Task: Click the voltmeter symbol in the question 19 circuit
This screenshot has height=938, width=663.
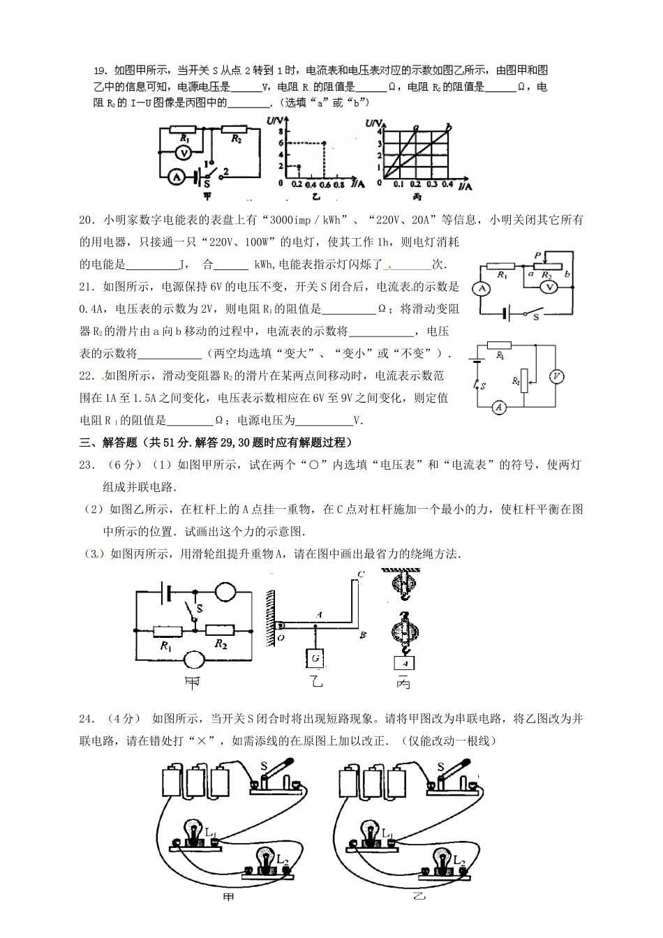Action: (x=183, y=152)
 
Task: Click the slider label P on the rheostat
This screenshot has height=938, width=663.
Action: (x=537, y=257)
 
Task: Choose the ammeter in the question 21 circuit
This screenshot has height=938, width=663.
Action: (x=481, y=288)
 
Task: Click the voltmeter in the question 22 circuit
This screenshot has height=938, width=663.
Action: (x=556, y=376)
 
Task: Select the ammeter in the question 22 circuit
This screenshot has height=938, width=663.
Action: (x=498, y=408)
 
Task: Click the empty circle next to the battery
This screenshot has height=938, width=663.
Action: (x=225, y=593)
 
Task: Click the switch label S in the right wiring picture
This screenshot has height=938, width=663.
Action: (x=441, y=767)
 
